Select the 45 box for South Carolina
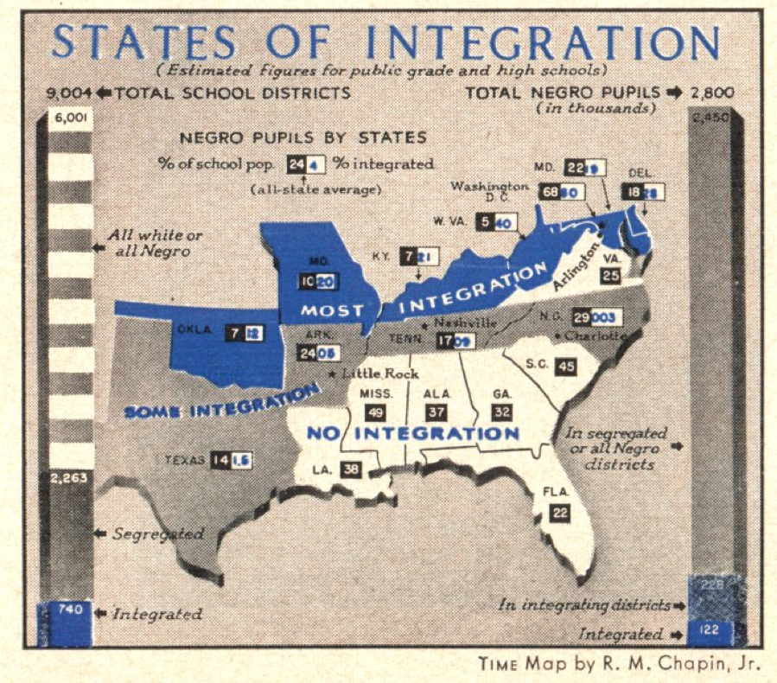click(565, 366)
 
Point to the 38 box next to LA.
click(350, 469)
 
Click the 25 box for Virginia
click(610, 276)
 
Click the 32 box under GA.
click(502, 412)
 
